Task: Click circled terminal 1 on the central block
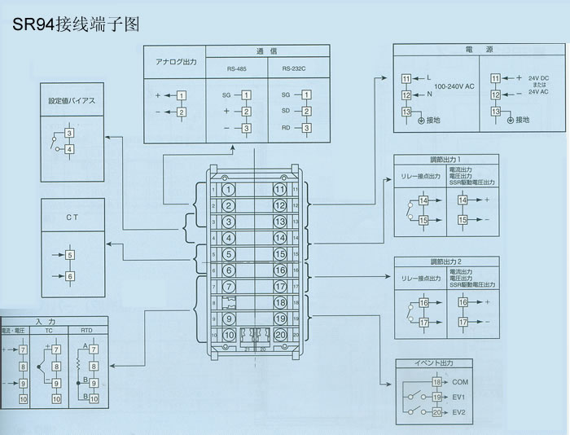coord(230,190)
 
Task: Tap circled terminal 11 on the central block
coord(279,190)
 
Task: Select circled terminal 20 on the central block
coord(279,334)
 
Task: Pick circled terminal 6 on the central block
coord(230,270)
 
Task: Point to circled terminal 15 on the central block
coord(279,253)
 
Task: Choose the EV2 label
coord(458,413)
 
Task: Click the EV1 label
coord(458,398)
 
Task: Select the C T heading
coord(72,218)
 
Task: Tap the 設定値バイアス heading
coord(72,102)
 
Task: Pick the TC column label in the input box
coord(48,332)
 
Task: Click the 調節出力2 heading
coord(445,261)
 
